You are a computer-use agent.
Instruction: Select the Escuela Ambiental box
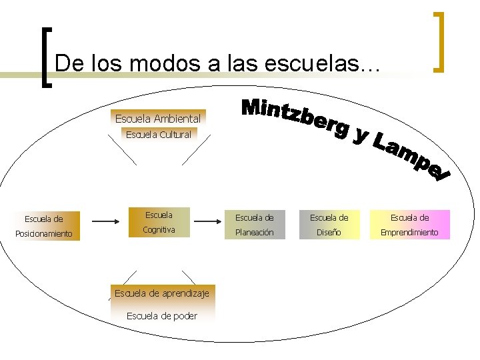point(158,119)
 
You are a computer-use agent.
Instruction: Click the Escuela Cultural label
point(158,135)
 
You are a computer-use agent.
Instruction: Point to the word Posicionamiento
point(44,234)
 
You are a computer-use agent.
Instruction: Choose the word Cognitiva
point(159,230)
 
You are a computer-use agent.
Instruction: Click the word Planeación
point(255,233)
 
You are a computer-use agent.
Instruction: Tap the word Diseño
point(329,233)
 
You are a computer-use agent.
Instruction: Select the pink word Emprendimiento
point(409,233)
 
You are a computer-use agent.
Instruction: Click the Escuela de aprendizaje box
point(162,293)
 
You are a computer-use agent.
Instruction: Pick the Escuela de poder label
point(162,316)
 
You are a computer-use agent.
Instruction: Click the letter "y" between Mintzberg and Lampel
point(361,135)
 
